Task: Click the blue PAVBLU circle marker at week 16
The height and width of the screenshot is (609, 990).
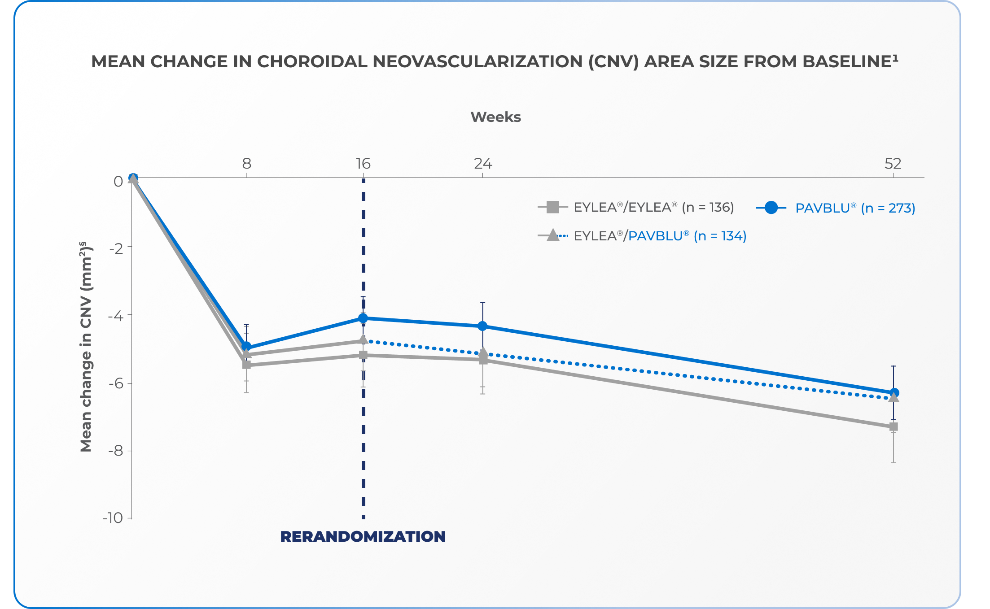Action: [x=363, y=318]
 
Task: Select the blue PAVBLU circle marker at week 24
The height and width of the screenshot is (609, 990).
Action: [x=482, y=326]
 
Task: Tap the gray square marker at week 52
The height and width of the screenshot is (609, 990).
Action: [x=893, y=427]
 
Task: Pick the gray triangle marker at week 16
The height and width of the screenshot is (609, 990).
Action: [x=363, y=340]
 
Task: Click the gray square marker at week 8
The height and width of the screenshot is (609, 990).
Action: [x=246, y=365]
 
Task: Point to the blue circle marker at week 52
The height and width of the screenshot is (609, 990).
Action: [x=894, y=393]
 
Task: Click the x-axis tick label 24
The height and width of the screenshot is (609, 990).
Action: [x=483, y=164]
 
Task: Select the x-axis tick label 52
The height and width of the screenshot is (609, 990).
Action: [x=893, y=164]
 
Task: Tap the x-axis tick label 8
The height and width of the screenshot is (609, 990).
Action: [x=246, y=164]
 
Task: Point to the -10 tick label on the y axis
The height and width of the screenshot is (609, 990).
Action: [x=113, y=518]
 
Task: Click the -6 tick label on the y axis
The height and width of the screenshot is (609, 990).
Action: [x=116, y=383]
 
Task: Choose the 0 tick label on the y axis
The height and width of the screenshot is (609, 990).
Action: [x=118, y=182]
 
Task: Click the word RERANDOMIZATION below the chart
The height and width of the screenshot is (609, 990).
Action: [x=363, y=536]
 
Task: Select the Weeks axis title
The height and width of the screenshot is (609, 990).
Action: [x=495, y=117]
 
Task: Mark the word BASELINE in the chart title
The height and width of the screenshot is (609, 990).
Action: [x=846, y=62]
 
